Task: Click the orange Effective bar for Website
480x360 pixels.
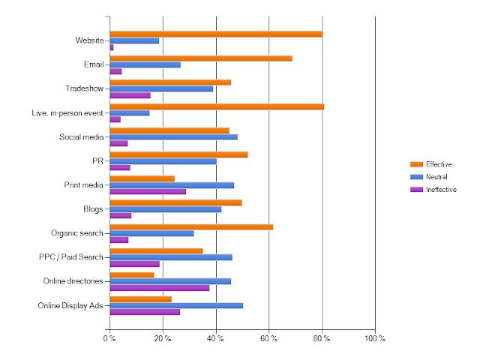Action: click(x=216, y=34)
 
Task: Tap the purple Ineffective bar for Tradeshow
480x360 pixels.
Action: click(x=130, y=95)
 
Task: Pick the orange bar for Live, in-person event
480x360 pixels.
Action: click(x=217, y=106)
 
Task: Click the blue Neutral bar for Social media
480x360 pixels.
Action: click(x=174, y=136)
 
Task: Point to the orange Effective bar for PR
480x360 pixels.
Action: click(x=178, y=154)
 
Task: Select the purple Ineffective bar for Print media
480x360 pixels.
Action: click(x=148, y=191)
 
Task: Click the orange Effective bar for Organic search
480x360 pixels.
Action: click(x=191, y=226)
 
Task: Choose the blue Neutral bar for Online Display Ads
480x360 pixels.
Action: click(x=176, y=305)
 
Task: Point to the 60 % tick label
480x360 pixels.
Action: click(x=268, y=339)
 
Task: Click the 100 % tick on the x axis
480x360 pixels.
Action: click(x=374, y=339)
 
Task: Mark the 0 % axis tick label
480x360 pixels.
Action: click(x=109, y=339)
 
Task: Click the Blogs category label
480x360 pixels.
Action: click(x=94, y=208)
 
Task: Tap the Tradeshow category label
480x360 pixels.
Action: click(x=85, y=88)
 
